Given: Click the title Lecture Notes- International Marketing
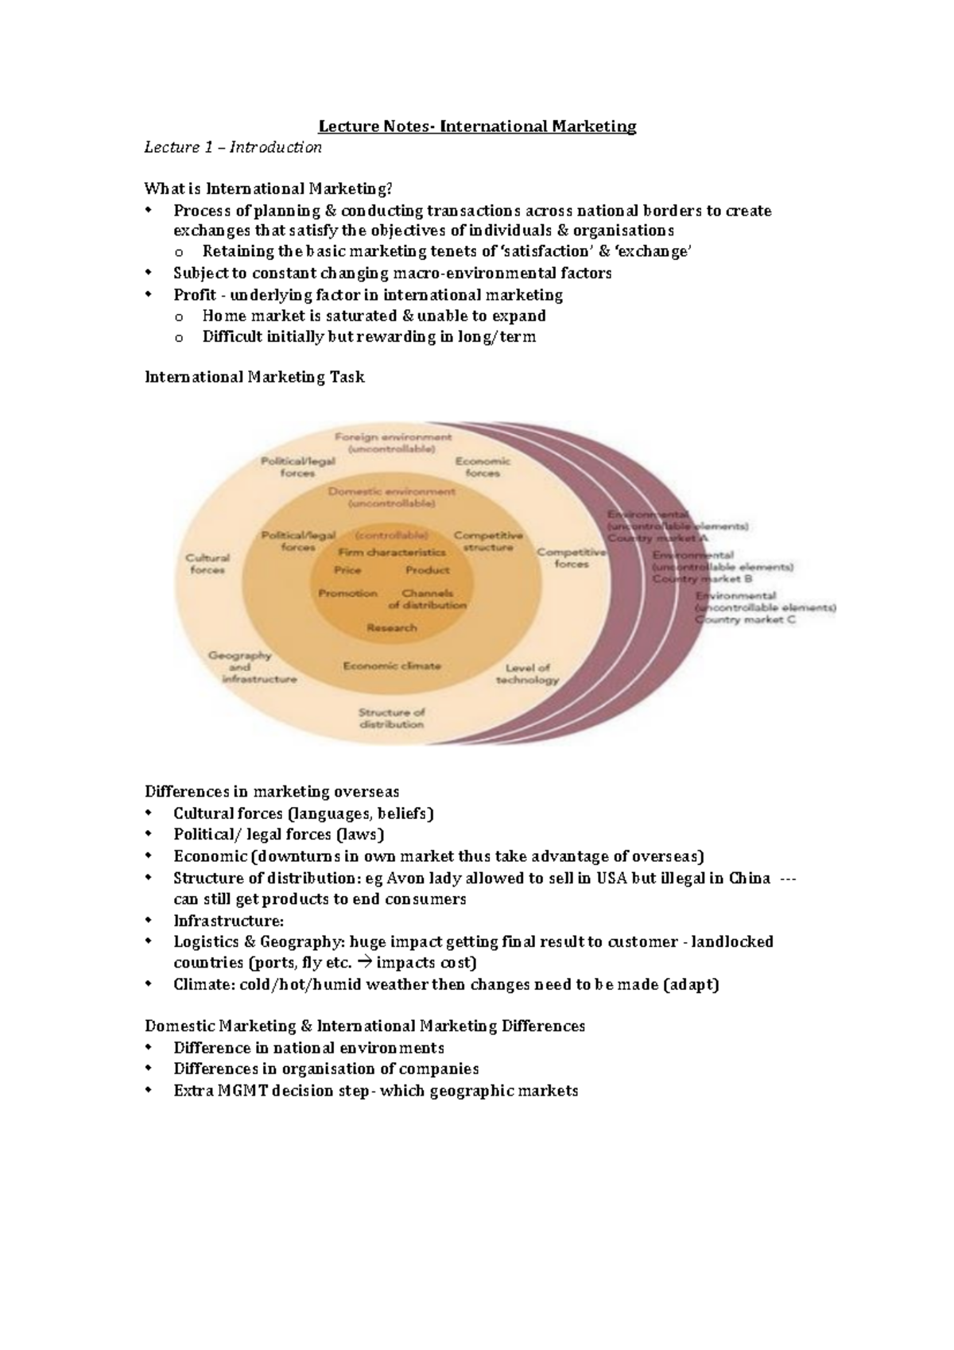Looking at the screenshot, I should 477,126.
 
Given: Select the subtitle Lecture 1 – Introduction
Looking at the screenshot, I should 232,147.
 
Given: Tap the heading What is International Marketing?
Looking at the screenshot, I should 268,189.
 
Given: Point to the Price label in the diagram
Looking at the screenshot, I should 347,570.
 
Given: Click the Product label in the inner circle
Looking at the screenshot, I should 428,570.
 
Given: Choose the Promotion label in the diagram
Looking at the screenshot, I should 347,593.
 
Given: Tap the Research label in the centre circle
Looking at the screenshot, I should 391,627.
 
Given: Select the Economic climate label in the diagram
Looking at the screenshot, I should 391,665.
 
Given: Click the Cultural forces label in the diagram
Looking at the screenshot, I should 207,564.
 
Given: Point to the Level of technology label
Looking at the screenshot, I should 527,673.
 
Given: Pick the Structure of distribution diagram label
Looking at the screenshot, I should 391,718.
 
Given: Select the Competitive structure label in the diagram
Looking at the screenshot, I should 488,541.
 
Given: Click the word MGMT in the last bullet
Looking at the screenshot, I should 243,1091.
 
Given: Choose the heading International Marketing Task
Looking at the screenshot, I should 254,378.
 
